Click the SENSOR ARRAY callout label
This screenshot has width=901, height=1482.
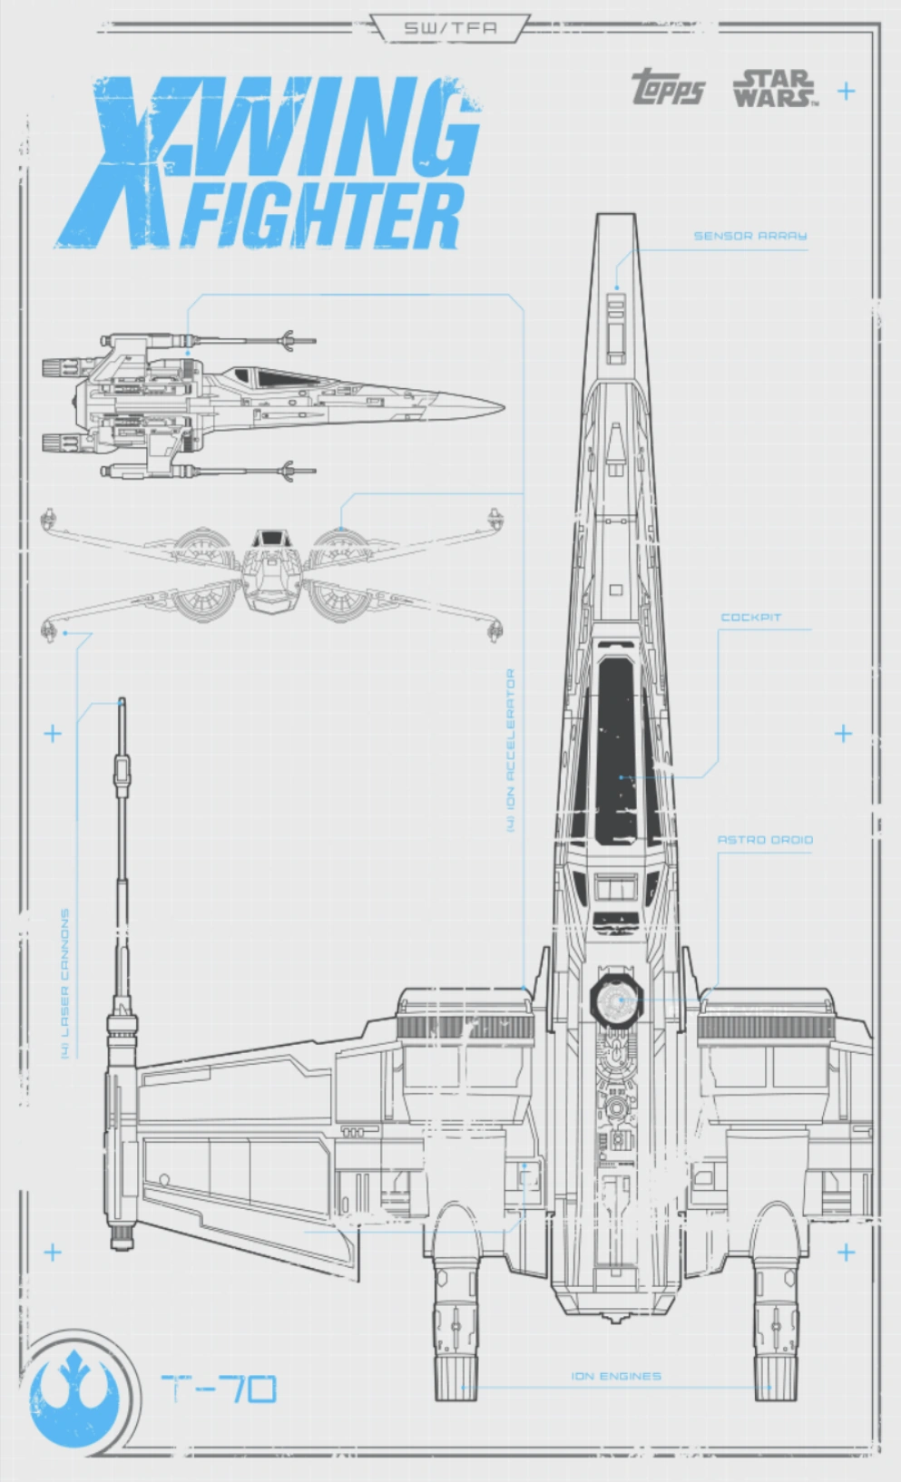point(749,236)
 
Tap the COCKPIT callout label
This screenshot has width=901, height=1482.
point(750,618)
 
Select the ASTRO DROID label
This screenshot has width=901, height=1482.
point(765,840)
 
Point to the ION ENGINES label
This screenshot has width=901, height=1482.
point(616,1376)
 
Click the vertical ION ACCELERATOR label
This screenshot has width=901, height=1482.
point(511,751)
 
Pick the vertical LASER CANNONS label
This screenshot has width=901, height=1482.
point(65,983)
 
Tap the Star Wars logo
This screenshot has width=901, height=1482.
point(774,89)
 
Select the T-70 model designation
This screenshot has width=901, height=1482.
point(219,1389)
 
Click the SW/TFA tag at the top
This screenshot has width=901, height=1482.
point(450,28)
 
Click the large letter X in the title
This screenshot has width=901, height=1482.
point(118,163)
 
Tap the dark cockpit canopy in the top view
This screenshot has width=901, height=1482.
point(616,744)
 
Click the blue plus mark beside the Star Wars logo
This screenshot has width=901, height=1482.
point(846,91)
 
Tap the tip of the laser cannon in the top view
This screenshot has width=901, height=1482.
point(122,703)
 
